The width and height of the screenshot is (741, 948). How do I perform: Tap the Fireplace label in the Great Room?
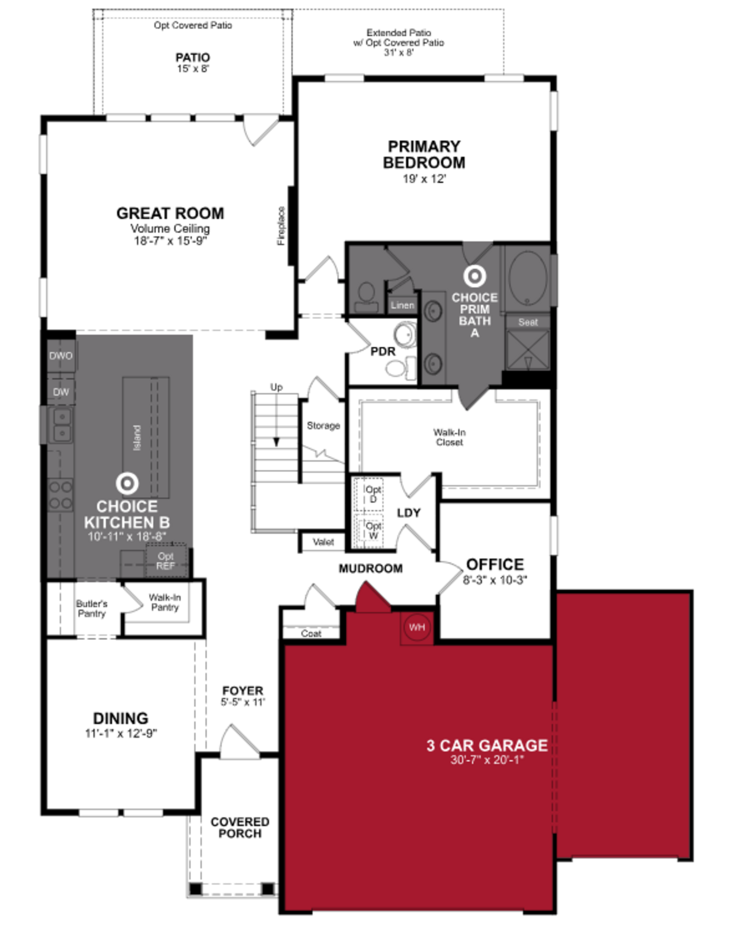pos(282,226)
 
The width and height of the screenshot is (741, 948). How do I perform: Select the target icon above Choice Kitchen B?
pos(127,483)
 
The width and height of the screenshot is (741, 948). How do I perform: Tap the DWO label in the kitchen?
pos(61,356)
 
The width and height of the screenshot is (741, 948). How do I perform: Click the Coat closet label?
pos(311,634)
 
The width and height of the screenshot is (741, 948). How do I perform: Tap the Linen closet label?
pos(402,305)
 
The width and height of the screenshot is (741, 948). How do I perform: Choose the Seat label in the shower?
pos(528,322)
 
